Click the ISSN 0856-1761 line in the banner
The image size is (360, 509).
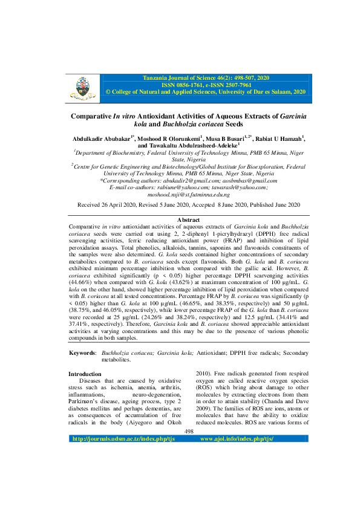[x=206, y=86]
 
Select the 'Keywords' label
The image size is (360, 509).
[x=82, y=352]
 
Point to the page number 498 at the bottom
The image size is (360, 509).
[x=188, y=448]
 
